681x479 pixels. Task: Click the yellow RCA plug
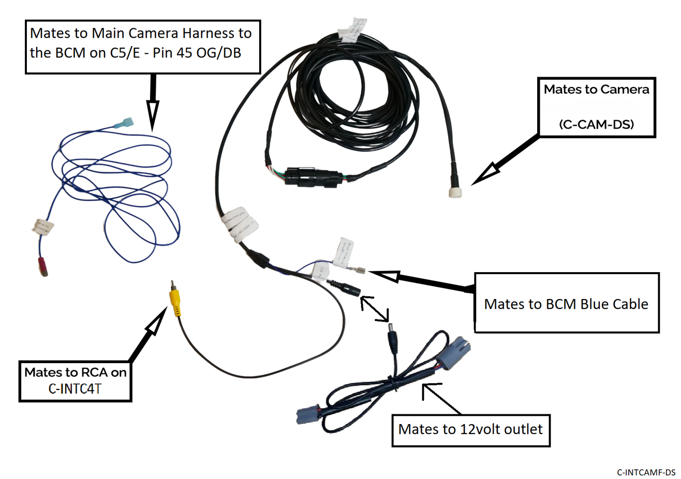pyautogui.click(x=176, y=301)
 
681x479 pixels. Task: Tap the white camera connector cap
pyautogui.click(x=455, y=192)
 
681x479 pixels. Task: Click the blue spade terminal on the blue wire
pyautogui.click(x=125, y=124)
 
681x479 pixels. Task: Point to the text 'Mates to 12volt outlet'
pyautogui.click(x=470, y=429)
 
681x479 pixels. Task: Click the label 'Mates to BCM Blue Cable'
pyautogui.click(x=566, y=304)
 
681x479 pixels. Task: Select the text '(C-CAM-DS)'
pyautogui.click(x=596, y=124)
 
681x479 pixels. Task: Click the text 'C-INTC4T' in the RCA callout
pyautogui.click(x=75, y=388)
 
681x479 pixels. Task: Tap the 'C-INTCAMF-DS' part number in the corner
pyautogui.click(x=646, y=472)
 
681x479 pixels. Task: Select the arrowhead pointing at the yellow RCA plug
pyautogui.click(x=157, y=324)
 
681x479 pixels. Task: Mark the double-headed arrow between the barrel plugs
pyautogui.click(x=376, y=308)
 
